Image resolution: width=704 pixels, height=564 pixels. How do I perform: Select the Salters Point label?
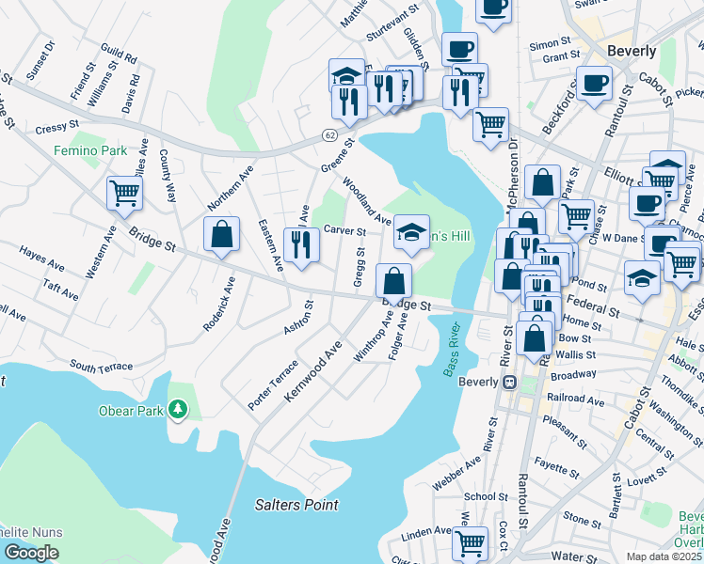coord(296,505)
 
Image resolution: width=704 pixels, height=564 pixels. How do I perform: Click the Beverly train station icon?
coord(510,383)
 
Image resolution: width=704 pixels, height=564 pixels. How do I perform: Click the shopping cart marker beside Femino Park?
coord(124,193)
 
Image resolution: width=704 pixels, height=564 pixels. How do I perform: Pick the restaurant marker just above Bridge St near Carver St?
coord(301,246)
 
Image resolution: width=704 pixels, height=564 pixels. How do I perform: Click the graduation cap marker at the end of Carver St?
coord(410,232)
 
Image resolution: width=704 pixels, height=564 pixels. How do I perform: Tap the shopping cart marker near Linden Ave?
coord(470,541)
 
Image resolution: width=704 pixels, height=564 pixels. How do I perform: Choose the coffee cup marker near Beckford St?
coord(593,83)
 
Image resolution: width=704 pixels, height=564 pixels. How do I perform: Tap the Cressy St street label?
coord(58,126)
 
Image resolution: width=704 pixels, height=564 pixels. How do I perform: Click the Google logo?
coord(31,553)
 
